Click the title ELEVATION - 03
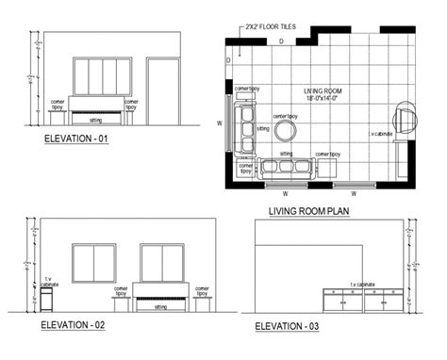(x=294, y=326)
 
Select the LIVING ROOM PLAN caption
(x=309, y=211)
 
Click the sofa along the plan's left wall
(x=248, y=128)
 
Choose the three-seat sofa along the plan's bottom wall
(x=287, y=167)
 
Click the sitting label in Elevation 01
(x=95, y=121)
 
